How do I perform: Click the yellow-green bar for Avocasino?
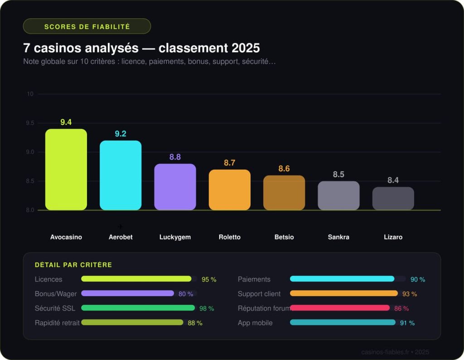pos(66,170)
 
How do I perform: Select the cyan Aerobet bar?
pos(121,175)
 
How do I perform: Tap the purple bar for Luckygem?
pos(175,187)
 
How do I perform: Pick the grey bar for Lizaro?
pos(393,199)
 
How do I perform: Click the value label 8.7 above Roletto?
pos(230,163)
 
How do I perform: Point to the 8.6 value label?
pos(284,169)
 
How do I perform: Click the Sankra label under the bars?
pos(338,237)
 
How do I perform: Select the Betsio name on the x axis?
pos(284,237)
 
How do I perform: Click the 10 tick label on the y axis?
pos(30,94)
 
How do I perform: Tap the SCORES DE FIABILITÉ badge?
pos(87,26)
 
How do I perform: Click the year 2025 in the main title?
pos(246,48)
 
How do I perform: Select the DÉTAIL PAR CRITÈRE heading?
pos(73,265)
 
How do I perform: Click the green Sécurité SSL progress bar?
pos(138,308)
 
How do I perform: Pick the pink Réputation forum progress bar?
pos(340,308)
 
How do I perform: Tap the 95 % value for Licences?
pos(209,280)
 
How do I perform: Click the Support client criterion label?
pos(259,294)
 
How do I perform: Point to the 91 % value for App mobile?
pos(407,323)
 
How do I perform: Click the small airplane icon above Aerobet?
pos(120,226)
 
